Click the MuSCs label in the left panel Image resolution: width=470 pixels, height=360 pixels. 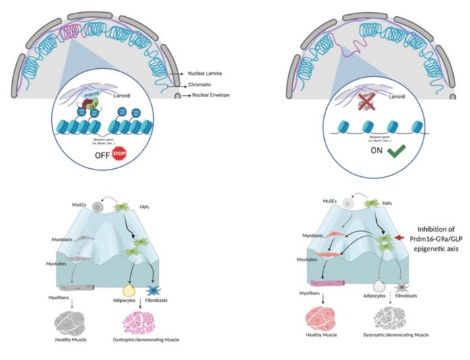tap(79, 203)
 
